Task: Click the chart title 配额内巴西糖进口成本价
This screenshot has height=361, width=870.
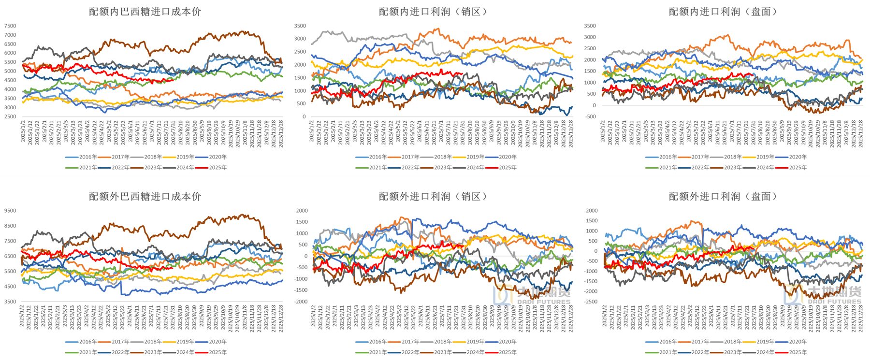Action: [145, 12]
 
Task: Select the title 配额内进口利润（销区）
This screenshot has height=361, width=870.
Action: [434, 12]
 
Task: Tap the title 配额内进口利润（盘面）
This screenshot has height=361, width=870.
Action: [724, 12]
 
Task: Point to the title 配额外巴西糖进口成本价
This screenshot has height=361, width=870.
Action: [145, 196]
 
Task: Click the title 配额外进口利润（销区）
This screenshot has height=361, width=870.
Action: [434, 196]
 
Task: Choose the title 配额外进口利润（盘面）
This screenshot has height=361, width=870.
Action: [724, 196]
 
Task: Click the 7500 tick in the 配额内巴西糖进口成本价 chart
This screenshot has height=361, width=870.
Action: [10, 26]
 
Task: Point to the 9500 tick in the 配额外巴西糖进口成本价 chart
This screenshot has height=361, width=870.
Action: [10, 211]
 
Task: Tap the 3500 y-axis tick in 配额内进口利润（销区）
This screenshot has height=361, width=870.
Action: [300, 26]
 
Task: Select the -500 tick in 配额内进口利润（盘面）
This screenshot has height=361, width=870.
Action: [590, 116]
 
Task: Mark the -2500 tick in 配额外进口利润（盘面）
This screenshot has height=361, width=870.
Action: [591, 302]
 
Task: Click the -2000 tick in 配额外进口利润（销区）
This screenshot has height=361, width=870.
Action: [301, 302]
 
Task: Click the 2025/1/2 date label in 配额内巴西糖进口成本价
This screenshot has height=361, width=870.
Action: [23, 131]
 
